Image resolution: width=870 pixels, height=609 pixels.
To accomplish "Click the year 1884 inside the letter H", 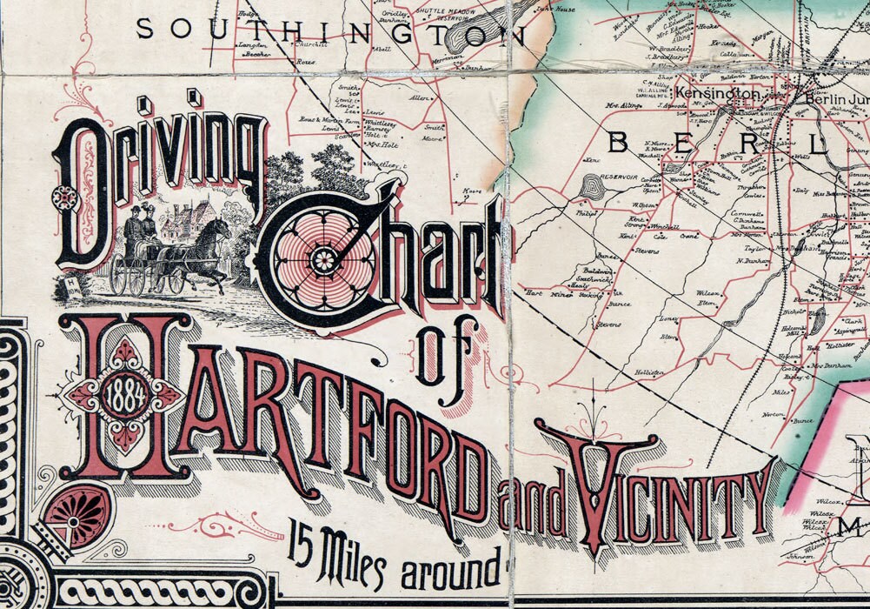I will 123,398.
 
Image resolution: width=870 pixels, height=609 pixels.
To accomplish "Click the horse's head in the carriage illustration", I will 221,230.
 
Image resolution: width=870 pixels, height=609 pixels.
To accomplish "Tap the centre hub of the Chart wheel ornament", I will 322,258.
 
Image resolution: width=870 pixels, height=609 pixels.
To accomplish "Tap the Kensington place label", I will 707,91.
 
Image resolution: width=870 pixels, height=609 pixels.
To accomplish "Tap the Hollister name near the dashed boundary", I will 648,372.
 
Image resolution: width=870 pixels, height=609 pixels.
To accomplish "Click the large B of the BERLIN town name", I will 619,142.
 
